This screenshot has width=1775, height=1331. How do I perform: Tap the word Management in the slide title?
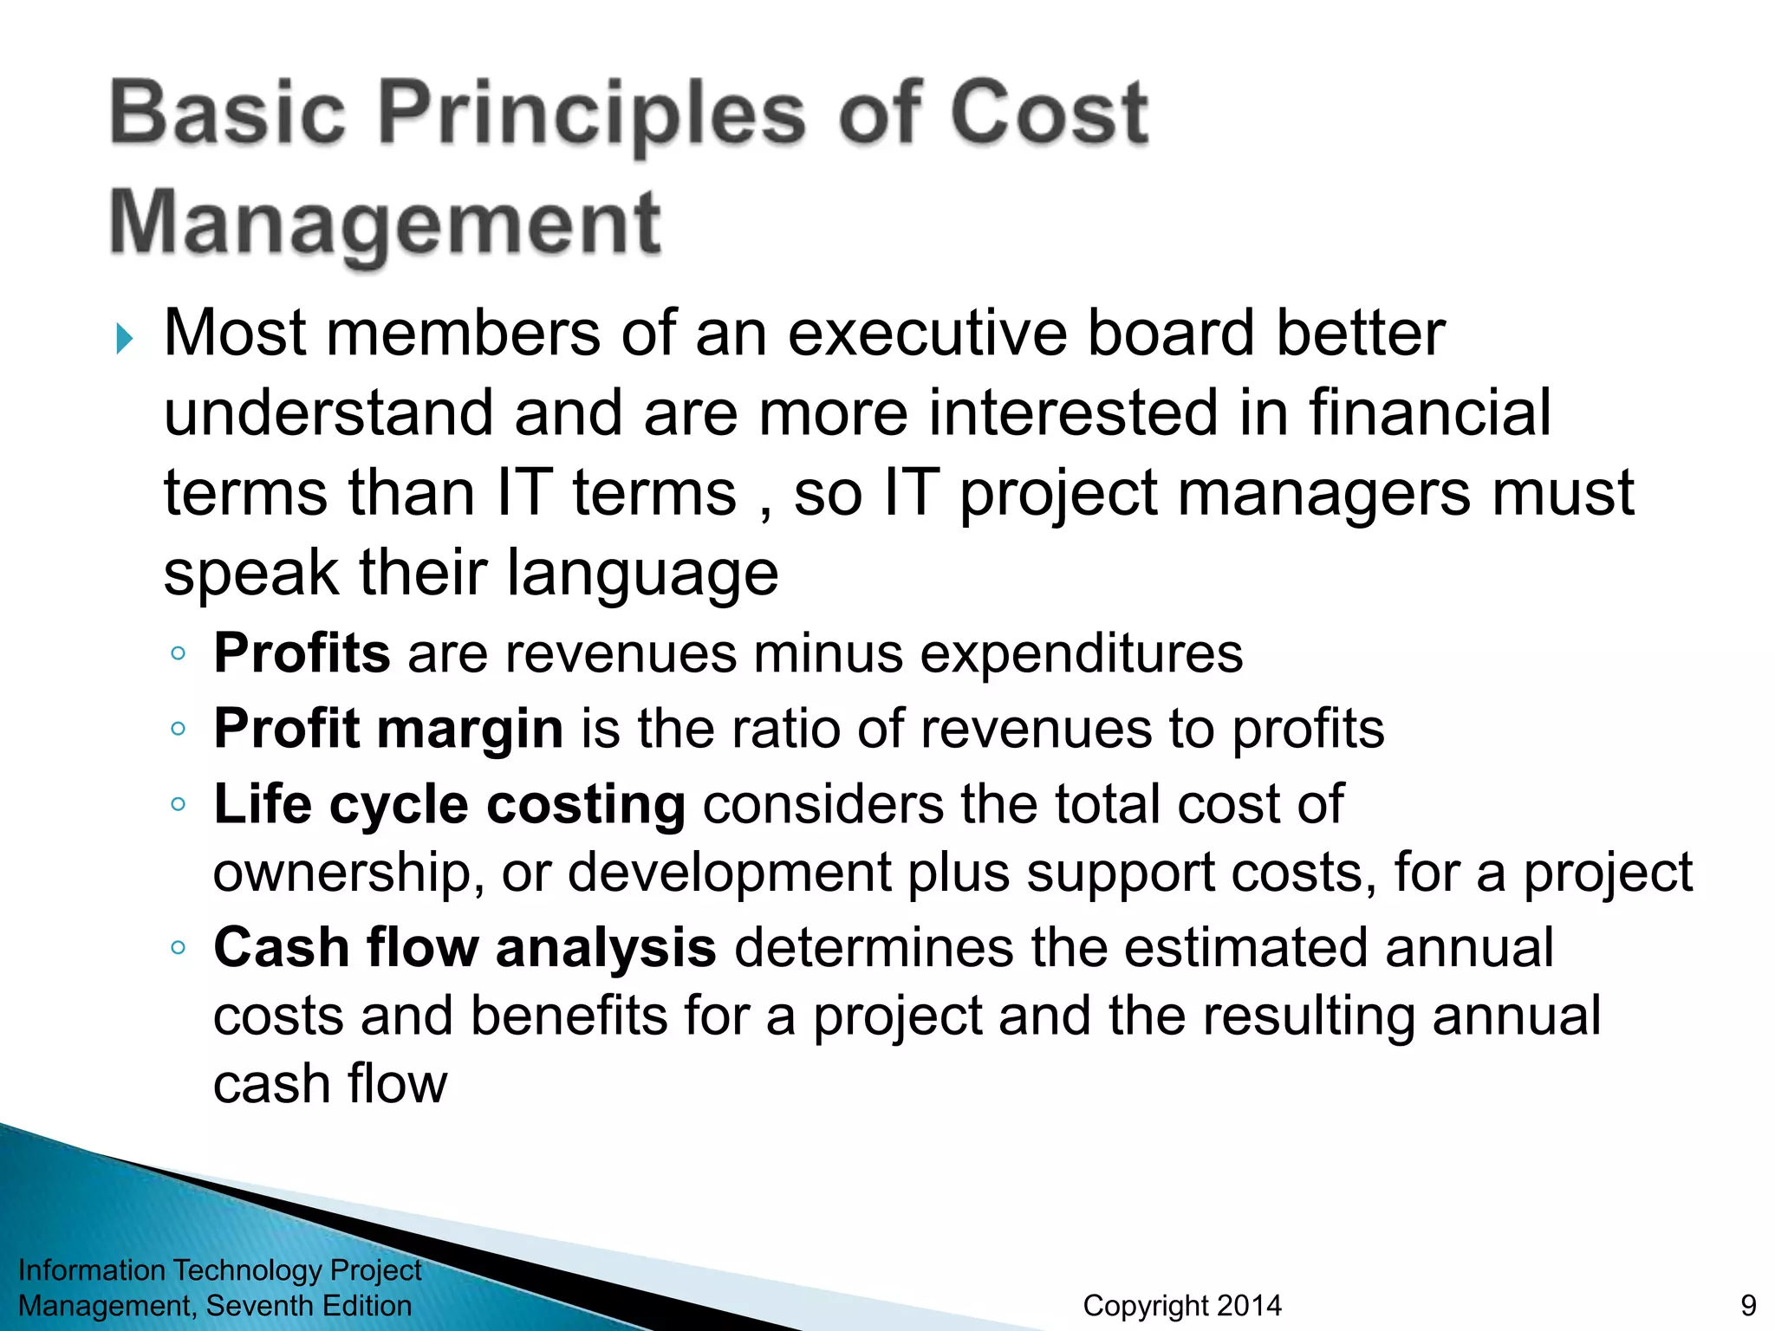[x=385, y=223]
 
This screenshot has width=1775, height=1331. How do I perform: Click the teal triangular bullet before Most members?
[x=125, y=338]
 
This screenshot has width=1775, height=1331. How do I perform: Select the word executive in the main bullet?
[x=927, y=334]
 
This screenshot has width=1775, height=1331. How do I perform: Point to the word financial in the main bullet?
[x=1429, y=412]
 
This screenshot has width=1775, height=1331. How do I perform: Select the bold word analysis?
[x=605, y=948]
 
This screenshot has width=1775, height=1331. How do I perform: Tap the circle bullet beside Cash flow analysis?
[x=179, y=948]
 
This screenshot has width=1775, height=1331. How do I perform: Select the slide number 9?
[x=1748, y=1306]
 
